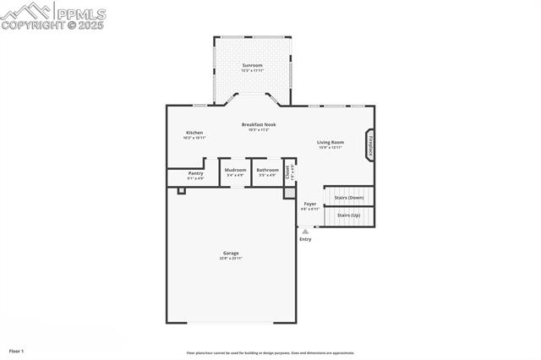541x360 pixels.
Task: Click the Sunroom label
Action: point(252,65)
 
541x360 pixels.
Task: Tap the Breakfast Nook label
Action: point(258,124)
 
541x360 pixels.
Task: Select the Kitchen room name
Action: point(194,133)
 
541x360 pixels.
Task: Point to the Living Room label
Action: point(330,142)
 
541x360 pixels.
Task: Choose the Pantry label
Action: point(195,173)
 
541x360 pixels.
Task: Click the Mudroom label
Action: point(235,170)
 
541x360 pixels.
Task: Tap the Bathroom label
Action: point(268,170)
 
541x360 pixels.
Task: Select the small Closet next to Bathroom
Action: point(289,171)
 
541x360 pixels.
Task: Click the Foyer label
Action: point(310,204)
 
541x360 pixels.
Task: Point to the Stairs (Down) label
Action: point(349,197)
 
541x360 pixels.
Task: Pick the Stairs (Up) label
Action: point(349,215)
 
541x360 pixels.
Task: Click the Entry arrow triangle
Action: point(305,231)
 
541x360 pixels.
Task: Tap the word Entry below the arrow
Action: point(305,239)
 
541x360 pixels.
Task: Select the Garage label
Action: point(231,253)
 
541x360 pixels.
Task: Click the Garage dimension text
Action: point(231,259)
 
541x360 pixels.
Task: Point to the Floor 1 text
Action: point(16,350)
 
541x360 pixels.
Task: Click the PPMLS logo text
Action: point(80,14)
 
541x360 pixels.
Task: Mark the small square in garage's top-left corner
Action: point(181,191)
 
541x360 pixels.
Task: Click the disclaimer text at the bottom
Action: point(270,353)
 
